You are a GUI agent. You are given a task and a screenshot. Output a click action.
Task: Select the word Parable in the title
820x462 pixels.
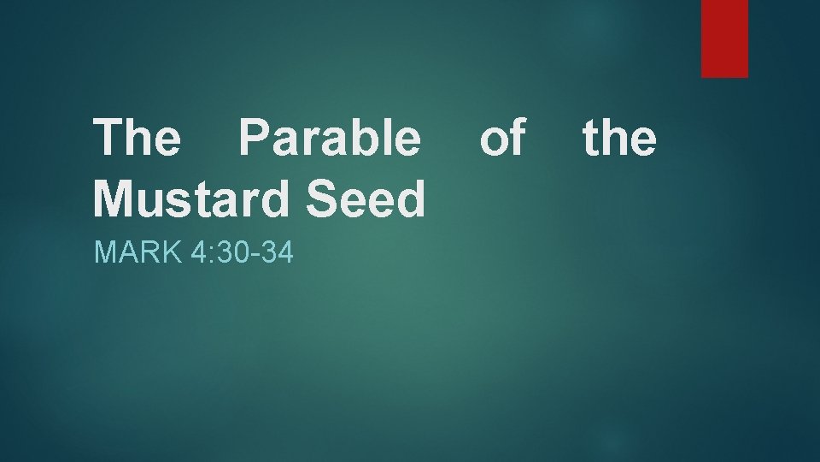pos(330,138)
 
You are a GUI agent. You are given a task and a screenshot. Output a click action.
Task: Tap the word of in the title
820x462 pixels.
pos(502,138)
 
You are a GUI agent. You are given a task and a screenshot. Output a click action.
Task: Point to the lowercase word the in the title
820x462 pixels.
pos(619,138)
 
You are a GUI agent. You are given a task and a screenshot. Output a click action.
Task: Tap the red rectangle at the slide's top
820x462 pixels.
pos(724,38)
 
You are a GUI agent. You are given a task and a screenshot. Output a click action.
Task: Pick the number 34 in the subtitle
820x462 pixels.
pos(277,253)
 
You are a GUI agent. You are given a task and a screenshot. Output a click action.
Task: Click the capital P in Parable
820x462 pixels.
pos(255,138)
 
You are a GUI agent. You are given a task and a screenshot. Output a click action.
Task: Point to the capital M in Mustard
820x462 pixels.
pos(113,198)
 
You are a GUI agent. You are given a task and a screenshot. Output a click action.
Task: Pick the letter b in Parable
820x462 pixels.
pos(360,138)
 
